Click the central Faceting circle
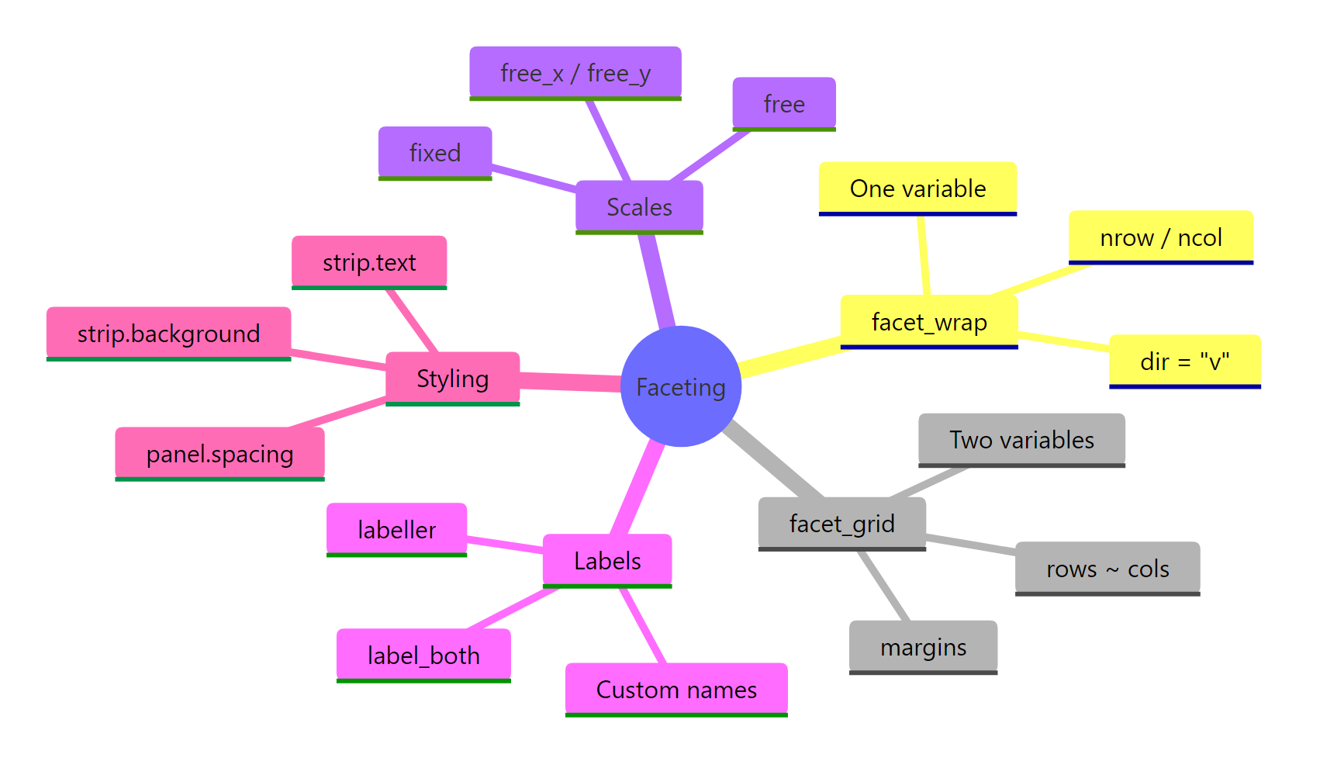tap(681, 386)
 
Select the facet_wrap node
tap(929, 321)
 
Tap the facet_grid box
tap(841, 524)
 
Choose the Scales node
tap(639, 206)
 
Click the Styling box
tap(452, 379)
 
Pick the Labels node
tap(607, 560)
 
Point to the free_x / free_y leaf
tap(575, 73)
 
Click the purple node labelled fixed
tap(434, 152)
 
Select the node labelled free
tap(783, 103)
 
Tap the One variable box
tap(917, 188)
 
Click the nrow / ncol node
tap(1160, 237)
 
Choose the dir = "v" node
tap(1184, 361)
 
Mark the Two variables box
tap(1021, 440)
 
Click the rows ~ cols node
tap(1107, 569)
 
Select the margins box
tap(923, 646)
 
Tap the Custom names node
tap(676, 689)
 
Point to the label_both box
tap(423, 656)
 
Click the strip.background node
tap(168, 334)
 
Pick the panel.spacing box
tap(219, 454)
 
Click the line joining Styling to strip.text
tap(413, 320)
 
